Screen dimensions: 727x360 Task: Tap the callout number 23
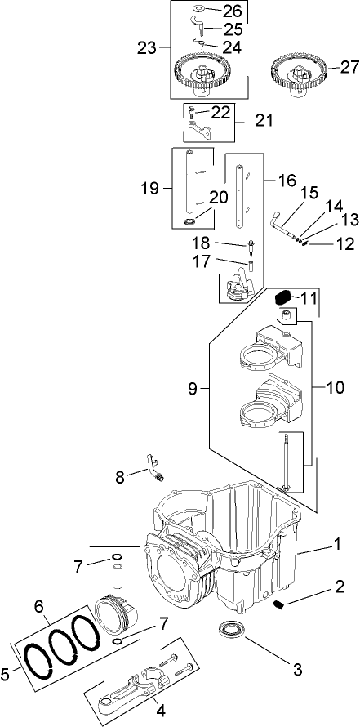click(148, 48)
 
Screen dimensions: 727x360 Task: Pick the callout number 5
click(9, 674)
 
